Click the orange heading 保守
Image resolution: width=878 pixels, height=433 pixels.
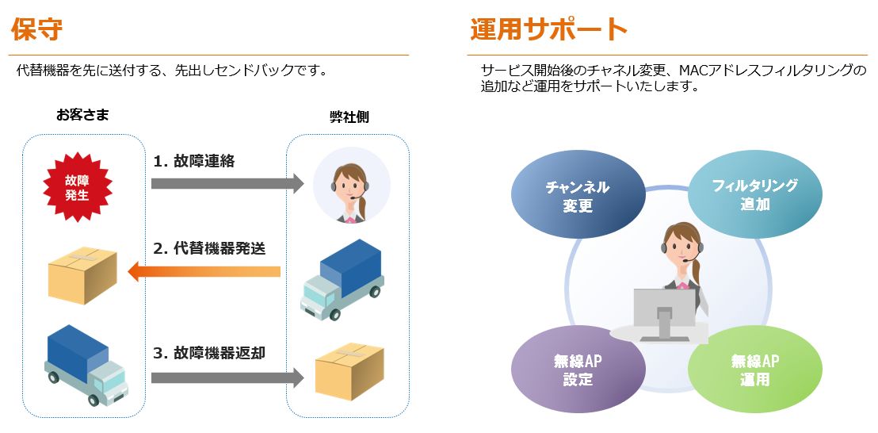36,29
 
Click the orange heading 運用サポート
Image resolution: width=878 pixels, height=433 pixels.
548,29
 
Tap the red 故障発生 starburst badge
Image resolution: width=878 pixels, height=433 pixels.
78,187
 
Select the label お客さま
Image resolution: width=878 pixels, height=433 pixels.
82,116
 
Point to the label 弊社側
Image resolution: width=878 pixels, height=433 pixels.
349,117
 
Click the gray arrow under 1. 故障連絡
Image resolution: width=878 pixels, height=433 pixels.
227,183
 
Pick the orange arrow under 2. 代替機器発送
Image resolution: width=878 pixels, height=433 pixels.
204,272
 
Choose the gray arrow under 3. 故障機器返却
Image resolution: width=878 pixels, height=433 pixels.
227,377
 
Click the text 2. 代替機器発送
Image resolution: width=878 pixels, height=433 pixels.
209,248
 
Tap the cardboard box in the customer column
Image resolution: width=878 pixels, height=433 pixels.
82,274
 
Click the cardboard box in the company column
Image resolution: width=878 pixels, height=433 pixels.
349,371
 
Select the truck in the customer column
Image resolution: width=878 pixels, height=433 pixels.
86,366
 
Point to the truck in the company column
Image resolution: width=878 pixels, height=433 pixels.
342,279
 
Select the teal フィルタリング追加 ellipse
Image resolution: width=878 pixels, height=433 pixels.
755,194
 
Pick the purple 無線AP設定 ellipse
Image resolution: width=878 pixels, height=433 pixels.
578,370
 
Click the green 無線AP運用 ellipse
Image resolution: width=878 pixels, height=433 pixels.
755,370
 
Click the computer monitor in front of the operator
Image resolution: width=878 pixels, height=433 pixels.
665,315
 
